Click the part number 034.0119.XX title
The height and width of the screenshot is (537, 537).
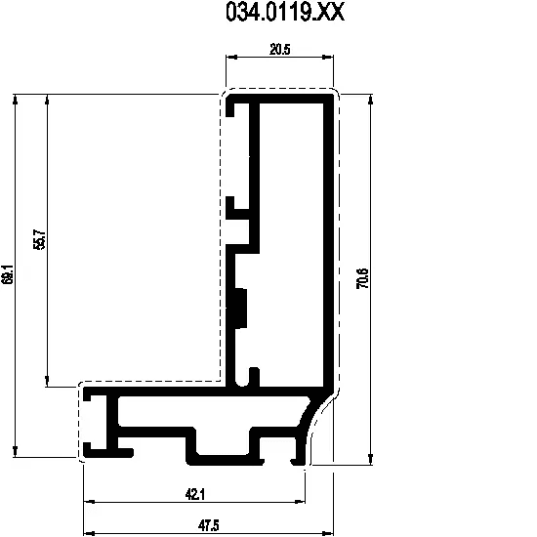point(285,13)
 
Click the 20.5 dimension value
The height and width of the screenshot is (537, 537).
point(280,50)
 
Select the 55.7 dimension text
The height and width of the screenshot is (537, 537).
point(39,239)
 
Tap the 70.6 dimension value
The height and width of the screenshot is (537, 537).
point(362,278)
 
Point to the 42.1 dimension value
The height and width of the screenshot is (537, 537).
point(195,495)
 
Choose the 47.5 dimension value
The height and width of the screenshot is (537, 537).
point(208,525)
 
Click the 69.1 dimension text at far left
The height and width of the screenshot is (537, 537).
point(7,274)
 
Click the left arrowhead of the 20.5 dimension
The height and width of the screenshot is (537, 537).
point(231,58)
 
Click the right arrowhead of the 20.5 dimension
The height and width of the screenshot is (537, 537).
point(328,58)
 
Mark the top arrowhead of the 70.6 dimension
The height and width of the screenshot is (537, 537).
point(370,100)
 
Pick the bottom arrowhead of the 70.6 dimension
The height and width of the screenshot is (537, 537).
point(370,460)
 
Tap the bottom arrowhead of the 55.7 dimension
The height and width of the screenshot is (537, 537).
point(47,382)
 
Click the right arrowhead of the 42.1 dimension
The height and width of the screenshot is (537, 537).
point(300,502)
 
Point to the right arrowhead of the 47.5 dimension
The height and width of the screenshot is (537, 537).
point(328,533)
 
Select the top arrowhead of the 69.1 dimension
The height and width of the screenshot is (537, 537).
point(15,100)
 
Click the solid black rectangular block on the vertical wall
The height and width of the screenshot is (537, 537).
point(241,309)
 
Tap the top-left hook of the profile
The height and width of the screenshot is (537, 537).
point(230,105)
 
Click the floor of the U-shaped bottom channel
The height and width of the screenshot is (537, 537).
point(226,460)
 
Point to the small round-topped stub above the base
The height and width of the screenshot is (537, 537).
point(254,377)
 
